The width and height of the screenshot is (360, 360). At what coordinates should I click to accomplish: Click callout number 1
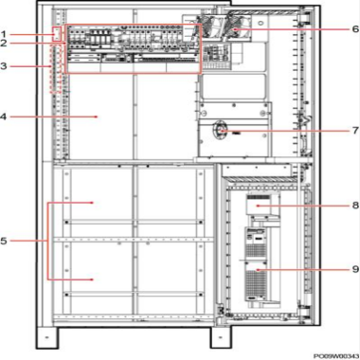4,34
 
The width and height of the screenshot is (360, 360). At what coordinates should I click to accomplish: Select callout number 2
4,44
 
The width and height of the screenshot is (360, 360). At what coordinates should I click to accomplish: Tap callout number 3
4,66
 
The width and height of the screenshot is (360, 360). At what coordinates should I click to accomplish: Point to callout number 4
4,117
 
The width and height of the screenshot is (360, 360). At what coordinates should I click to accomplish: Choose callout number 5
4,241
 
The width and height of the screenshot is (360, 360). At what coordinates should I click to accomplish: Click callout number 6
355,29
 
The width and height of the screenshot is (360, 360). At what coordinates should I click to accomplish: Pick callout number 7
355,130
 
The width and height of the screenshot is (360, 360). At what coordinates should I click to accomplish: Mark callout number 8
355,206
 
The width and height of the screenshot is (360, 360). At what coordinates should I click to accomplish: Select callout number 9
355,269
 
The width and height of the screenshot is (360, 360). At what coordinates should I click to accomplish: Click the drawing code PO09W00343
336,356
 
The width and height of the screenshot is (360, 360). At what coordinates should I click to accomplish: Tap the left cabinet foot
46,337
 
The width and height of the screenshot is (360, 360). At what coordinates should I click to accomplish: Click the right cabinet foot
221,337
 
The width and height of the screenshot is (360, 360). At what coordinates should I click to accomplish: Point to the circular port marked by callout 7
221,131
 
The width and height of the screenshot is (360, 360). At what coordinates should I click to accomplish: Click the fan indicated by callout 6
237,27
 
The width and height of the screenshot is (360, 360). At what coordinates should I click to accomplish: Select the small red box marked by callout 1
57,34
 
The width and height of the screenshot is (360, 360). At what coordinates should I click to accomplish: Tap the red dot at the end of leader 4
97,117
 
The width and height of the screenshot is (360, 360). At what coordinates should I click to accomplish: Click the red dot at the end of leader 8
258,206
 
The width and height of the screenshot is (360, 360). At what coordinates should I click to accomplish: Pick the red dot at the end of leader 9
258,269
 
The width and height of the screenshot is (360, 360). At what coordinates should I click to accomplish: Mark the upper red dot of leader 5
92,203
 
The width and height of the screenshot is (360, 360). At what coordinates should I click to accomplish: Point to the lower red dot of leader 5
92,279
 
